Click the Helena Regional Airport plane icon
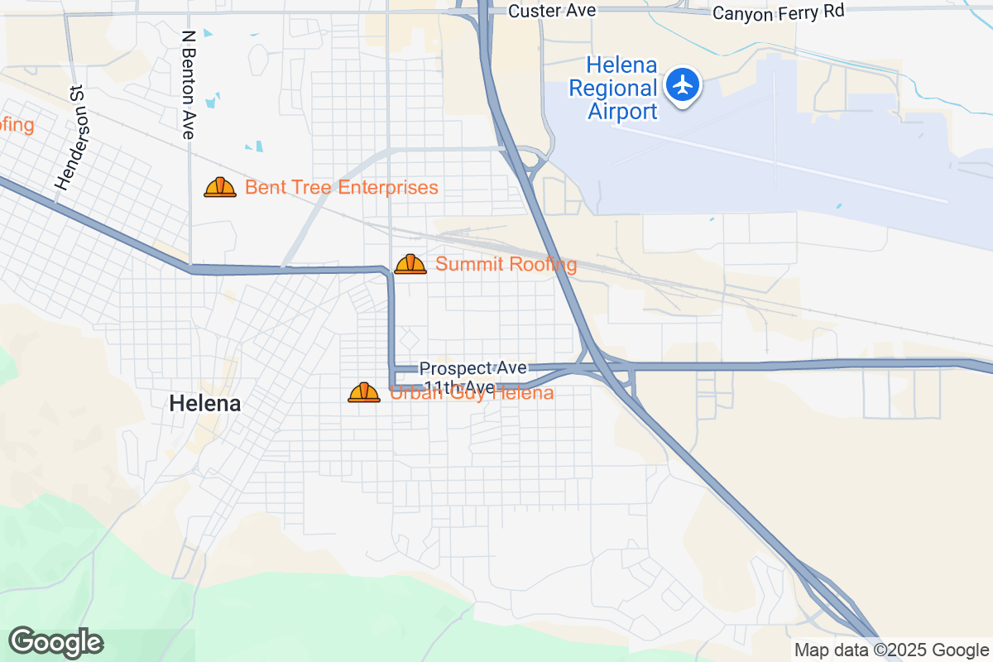[x=684, y=84]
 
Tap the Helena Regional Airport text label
[x=621, y=88]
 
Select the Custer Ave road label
[x=540, y=11]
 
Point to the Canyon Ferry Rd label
[x=778, y=12]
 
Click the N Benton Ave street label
[x=189, y=84]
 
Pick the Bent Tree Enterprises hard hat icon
[x=220, y=188]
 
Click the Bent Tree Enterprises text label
[x=341, y=188]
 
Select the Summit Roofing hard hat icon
[x=410, y=265]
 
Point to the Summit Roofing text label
[x=506, y=265]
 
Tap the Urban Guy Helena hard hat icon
[x=364, y=392]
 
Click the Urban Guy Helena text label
[x=471, y=393]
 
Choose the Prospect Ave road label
[x=473, y=368]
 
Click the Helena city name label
[x=205, y=404]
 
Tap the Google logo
[x=56, y=643]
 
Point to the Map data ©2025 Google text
[x=891, y=650]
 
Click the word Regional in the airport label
[x=621, y=88]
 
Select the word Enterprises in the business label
[x=387, y=188]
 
